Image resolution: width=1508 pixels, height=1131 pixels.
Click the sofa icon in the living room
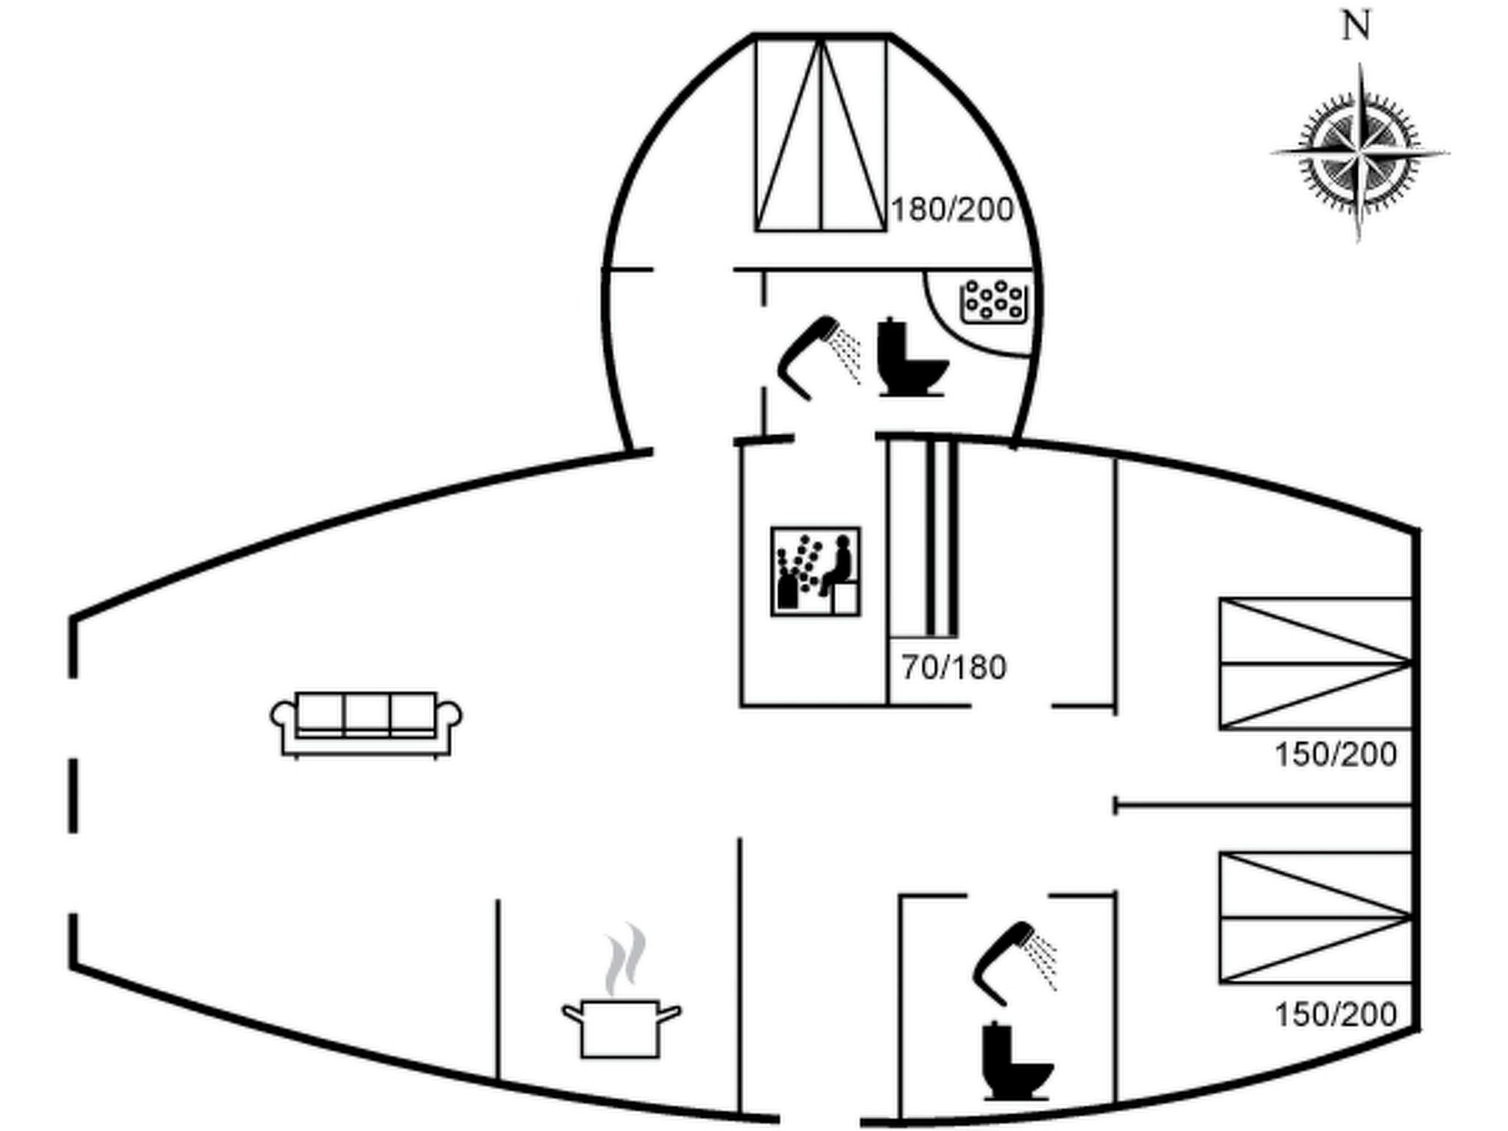click(x=366, y=723)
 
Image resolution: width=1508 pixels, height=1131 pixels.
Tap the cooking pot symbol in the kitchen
click(x=621, y=1028)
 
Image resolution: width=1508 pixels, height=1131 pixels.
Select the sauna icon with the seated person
click(x=815, y=571)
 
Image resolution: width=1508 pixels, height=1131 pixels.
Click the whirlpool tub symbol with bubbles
click(x=994, y=301)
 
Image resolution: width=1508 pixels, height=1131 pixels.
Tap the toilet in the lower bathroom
click(x=1016, y=1061)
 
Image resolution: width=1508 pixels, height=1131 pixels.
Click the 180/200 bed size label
click(x=952, y=211)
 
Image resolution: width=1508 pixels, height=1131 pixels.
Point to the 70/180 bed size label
click(x=954, y=668)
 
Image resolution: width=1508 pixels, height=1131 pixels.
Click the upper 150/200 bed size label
click(x=1336, y=755)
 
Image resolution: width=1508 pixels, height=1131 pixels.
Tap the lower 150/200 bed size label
click(x=1336, y=1015)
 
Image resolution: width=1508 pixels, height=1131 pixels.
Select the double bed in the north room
click(x=820, y=135)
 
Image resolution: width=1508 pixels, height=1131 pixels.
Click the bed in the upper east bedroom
click(x=1315, y=664)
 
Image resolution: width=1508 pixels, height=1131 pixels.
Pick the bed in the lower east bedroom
click(x=1315, y=917)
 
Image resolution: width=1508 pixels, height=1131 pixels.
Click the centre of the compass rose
click(x=1359, y=154)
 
